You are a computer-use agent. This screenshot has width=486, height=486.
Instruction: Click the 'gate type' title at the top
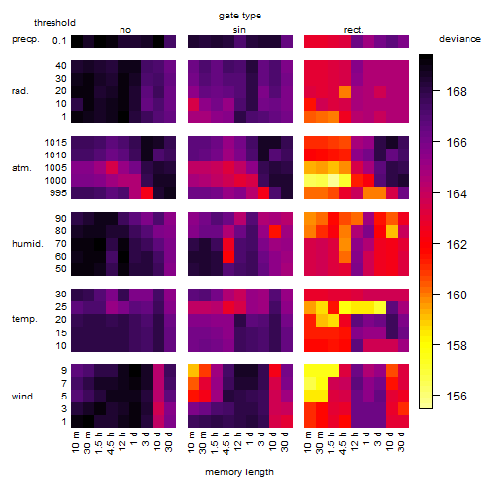click(240, 16)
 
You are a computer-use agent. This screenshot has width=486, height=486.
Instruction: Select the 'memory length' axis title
click(239, 472)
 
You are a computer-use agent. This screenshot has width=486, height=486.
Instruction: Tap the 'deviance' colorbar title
click(460, 39)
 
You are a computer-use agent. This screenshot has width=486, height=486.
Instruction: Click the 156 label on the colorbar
click(456, 396)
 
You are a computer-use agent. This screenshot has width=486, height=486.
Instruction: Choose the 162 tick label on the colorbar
click(456, 244)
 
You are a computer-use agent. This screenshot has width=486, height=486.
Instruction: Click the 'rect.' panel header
click(353, 30)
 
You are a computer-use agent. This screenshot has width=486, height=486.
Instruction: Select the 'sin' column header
click(239, 30)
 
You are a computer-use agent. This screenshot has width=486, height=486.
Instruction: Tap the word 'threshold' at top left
click(54, 23)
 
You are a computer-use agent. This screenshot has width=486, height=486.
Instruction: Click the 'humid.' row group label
click(27, 244)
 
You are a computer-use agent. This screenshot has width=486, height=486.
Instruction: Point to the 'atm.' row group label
click(21, 168)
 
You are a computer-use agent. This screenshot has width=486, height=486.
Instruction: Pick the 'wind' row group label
click(22, 397)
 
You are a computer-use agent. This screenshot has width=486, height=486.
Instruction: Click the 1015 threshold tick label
click(55, 143)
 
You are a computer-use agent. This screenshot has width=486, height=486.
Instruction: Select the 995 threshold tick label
click(58, 193)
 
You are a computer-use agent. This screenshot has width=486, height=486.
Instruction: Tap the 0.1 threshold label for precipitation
click(59, 41)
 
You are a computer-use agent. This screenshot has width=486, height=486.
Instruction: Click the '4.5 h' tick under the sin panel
click(228, 441)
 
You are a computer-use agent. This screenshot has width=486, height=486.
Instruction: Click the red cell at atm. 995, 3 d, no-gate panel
click(147, 192)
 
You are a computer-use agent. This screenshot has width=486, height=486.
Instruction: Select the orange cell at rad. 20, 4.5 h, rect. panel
click(345, 91)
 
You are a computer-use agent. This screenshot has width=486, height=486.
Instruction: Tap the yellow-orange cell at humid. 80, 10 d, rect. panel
click(392, 231)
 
